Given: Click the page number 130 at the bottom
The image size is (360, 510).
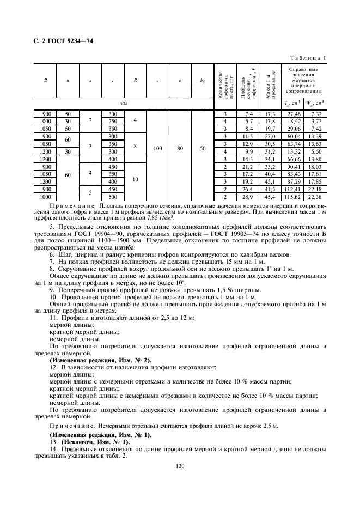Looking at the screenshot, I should (x=180, y=465).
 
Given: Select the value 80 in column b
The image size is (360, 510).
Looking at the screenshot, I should (x=180, y=148).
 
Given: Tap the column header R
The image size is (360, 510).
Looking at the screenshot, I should (x=135, y=80).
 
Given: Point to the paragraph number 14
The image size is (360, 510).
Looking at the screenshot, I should (x=53, y=449).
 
